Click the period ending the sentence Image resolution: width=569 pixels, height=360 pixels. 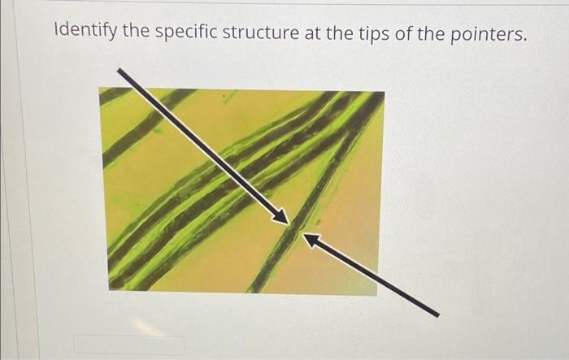click(x=525, y=39)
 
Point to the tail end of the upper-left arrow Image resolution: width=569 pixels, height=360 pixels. click(x=120, y=72)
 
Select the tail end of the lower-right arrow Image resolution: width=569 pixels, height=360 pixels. click(x=436, y=314)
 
